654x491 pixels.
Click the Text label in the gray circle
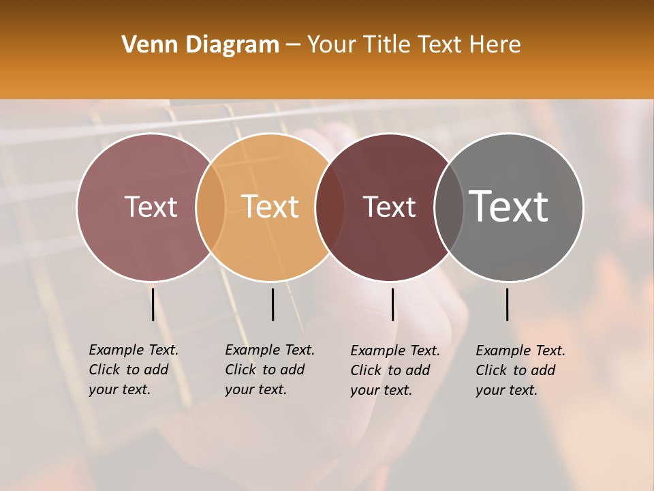click(x=509, y=207)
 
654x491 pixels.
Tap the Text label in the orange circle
click(x=270, y=207)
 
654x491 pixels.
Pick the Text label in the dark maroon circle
click(x=389, y=207)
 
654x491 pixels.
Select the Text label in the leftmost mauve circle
click(x=151, y=207)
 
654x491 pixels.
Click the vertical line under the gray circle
click(x=508, y=304)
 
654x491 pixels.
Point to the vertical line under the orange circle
click(x=272, y=304)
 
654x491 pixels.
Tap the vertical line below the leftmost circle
click(x=153, y=304)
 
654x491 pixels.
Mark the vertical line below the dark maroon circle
click(x=392, y=304)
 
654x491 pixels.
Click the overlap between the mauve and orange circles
click(x=211, y=207)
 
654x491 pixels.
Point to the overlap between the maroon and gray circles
click(x=448, y=207)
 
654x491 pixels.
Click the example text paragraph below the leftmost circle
click(x=134, y=370)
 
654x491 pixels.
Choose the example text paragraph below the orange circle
click(x=270, y=370)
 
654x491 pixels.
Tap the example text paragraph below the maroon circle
click(x=395, y=370)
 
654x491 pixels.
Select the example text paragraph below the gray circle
click(x=520, y=370)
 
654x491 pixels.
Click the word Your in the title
click(x=330, y=45)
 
